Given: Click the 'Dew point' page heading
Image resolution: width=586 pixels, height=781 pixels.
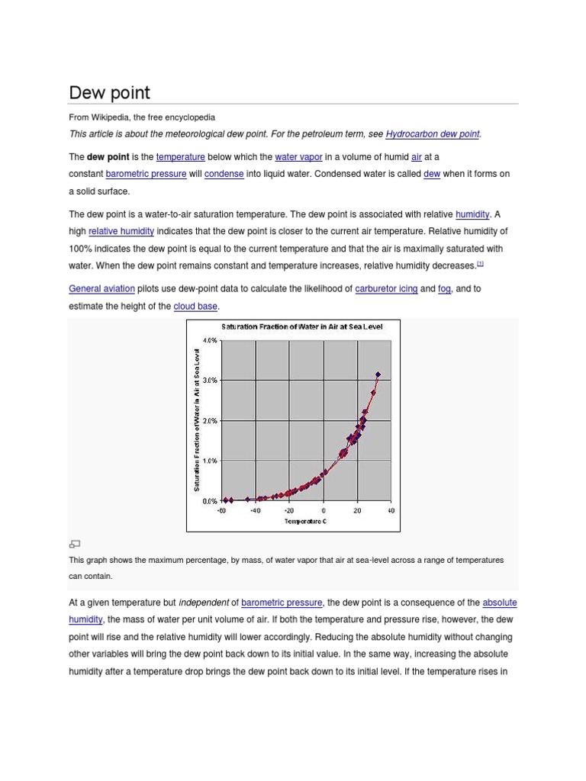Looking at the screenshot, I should coord(110,93).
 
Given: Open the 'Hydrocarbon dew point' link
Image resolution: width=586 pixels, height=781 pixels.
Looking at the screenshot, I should coord(433,134).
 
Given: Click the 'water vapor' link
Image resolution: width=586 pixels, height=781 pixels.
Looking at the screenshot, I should coord(298,157).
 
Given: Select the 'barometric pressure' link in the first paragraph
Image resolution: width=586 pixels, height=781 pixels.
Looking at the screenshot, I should coord(146,174).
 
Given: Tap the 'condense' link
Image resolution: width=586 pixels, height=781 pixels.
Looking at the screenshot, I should coord(224,174).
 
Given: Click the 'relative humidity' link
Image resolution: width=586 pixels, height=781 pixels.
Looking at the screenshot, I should coord(121,231).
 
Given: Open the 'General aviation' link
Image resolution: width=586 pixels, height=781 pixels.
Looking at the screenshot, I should coord(101,289).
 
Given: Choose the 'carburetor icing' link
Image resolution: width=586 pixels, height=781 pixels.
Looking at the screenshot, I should coord(386,289).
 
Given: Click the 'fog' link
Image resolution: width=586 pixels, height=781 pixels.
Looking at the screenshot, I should coord(444,289).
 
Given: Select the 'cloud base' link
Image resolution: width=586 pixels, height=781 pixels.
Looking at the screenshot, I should coord(195,307).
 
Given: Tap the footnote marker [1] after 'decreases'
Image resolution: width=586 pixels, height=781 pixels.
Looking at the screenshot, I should coord(481,264).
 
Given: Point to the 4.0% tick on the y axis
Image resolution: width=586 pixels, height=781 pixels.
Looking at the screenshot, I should coord(210,340).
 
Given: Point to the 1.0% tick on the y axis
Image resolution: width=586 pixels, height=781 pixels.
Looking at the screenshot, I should coord(210,461).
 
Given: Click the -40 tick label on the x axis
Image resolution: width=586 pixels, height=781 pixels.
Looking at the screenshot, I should coord(255,511).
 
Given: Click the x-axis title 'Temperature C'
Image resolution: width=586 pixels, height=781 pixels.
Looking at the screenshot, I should coord(305,521).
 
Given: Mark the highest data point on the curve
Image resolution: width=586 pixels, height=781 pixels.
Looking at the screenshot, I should coord(378,374).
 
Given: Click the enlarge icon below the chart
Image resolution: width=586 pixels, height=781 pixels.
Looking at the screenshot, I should coord(74,544).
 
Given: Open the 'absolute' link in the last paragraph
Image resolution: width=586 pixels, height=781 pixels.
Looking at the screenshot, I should coord(500,603).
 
